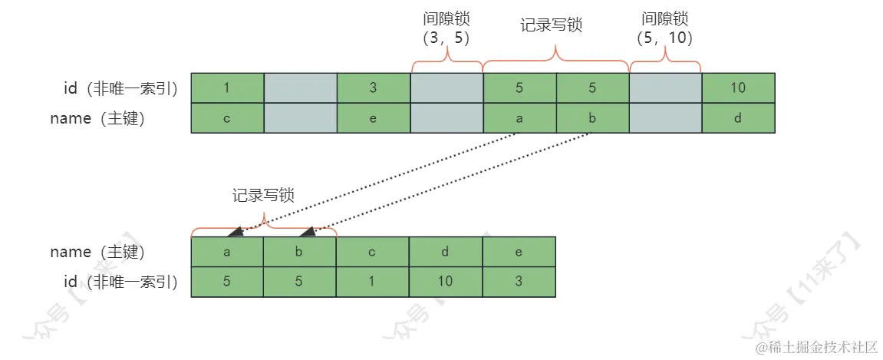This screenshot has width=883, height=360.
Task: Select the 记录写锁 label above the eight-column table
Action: (551, 25)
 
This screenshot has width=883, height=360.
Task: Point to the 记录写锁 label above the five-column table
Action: (263, 196)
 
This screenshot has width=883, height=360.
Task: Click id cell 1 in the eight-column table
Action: (226, 88)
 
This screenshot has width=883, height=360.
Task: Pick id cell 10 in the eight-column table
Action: (738, 88)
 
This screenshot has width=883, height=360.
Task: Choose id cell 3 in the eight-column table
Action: (373, 88)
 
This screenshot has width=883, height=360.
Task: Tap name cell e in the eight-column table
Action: (373, 118)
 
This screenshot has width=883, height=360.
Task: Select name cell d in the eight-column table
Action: (738, 118)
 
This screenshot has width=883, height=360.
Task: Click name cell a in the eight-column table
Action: (519, 118)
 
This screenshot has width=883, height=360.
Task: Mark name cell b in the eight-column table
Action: (592, 118)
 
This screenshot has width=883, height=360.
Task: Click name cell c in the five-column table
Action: (373, 252)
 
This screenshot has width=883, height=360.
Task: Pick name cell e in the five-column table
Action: (519, 252)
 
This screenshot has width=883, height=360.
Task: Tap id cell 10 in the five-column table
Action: (446, 282)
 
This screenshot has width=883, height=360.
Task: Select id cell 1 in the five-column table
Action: (373, 282)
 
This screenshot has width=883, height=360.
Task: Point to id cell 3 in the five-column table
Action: (519, 282)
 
